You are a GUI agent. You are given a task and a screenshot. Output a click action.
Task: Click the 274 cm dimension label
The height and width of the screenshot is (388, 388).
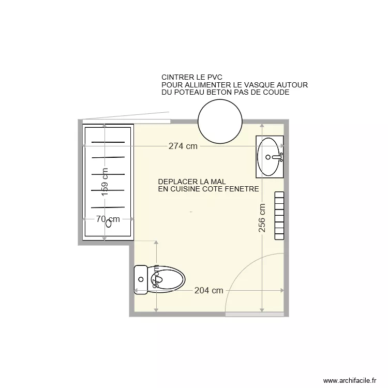[183, 146]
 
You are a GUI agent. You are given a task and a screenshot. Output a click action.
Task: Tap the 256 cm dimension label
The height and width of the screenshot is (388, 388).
[262, 217]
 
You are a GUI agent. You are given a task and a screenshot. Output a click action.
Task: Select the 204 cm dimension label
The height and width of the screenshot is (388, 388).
[208, 290]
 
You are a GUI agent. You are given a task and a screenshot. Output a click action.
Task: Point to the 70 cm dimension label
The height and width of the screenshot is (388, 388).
[108, 219]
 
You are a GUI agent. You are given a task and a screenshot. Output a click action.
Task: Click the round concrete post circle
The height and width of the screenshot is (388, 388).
[220, 122]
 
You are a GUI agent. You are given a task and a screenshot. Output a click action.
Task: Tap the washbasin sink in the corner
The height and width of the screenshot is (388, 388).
[270, 156]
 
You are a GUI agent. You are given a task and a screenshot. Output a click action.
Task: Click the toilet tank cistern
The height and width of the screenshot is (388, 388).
[140, 280]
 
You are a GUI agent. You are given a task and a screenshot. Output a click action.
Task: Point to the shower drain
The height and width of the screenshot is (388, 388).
[109, 224]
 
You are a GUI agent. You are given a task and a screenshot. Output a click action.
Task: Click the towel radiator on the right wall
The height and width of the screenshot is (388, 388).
[279, 215]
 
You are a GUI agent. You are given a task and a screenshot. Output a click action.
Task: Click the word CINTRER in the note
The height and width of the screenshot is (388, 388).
[177, 77]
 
